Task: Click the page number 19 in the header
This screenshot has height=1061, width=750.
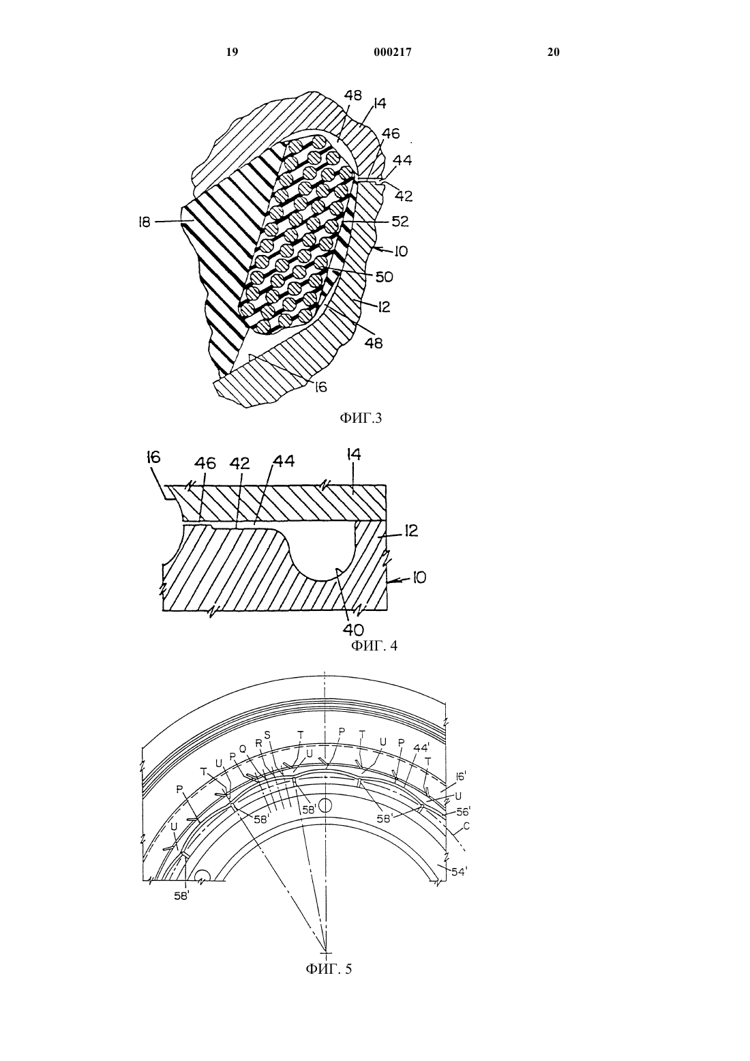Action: [x=232, y=52]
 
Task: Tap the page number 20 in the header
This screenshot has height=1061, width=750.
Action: [x=554, y=52]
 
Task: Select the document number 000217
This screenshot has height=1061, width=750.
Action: [x=393, y=52]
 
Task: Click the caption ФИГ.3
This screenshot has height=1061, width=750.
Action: [x=360, y=418]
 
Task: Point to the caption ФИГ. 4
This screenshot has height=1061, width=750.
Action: [x=374, y=645]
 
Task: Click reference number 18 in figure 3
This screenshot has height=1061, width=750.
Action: [x=145, y=222]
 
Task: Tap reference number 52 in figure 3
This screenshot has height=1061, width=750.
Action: [x=400, y=221]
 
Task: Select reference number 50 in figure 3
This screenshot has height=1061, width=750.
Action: [x=384, y=277]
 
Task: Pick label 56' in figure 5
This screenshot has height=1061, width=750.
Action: [x=462, y=811]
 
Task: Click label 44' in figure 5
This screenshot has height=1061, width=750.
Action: [x=421, y=748]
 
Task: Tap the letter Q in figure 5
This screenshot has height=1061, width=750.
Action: [x=243, y=749]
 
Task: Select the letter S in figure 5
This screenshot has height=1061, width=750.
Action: [x=267, y=734]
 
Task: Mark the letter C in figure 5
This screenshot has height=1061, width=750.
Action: [x=466, y=826]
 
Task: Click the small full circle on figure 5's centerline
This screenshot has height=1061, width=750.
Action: [x=325, y=805]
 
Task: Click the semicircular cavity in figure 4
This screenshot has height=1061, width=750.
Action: [x=323, y=552]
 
